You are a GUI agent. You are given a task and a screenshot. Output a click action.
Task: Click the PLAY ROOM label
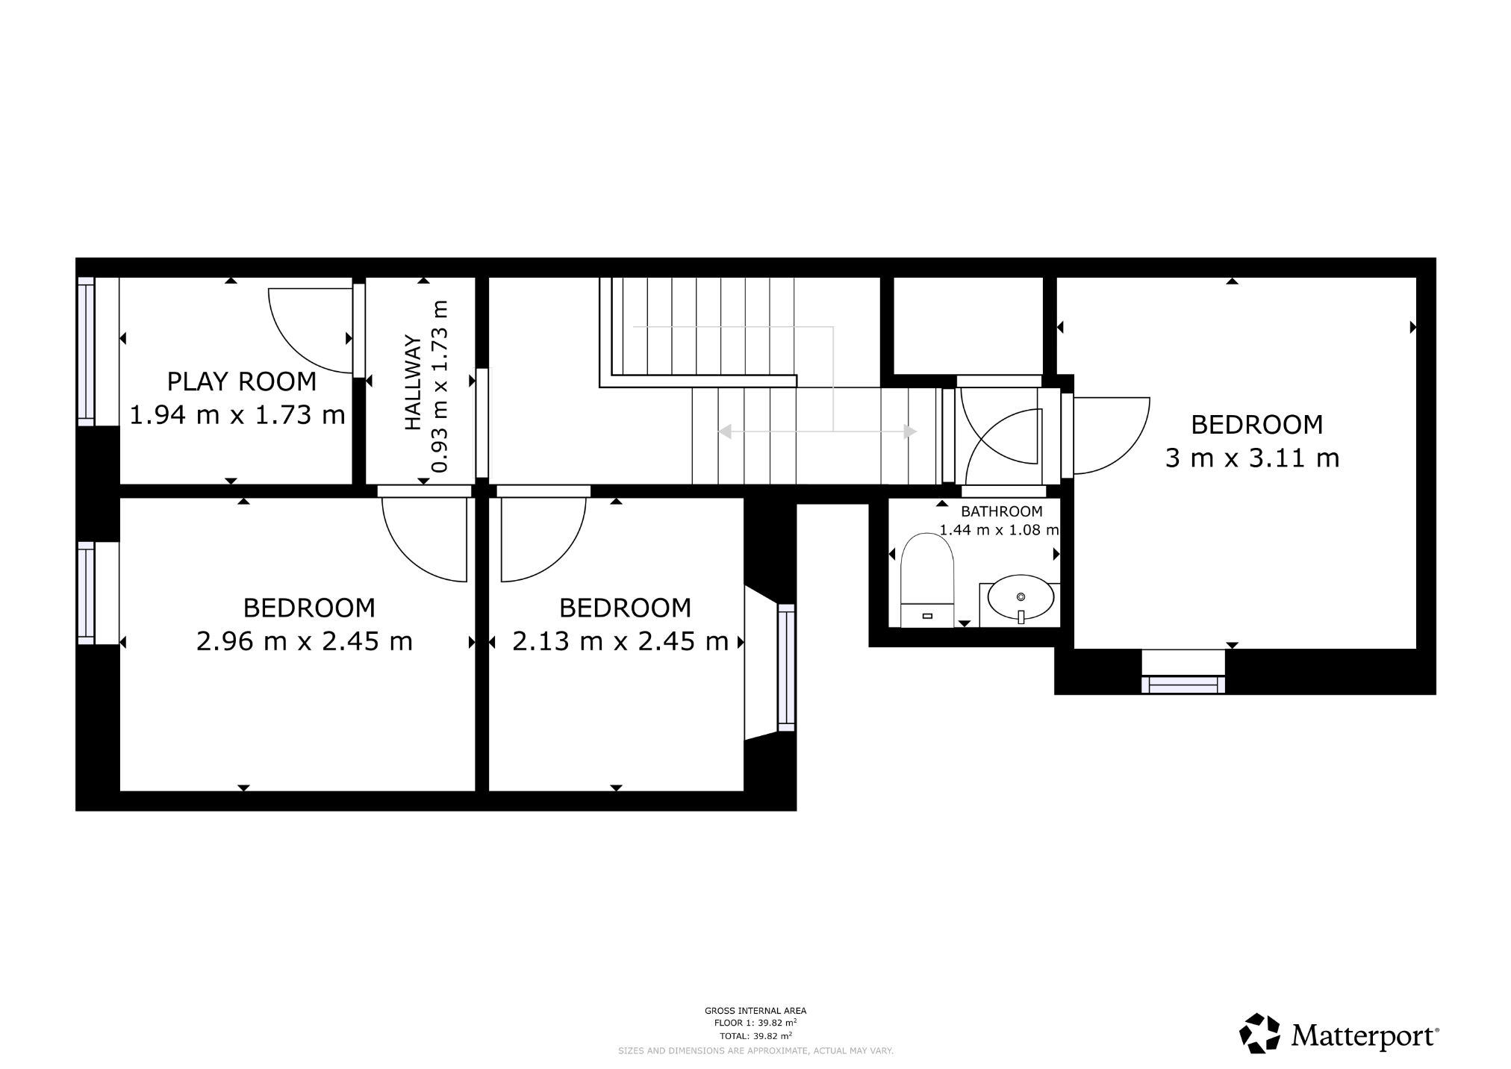tap(241, 381)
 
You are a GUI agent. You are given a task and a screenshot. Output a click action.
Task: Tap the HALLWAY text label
tap(413, 383)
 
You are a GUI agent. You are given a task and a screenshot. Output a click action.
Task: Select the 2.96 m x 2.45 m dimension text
tap(304, 641)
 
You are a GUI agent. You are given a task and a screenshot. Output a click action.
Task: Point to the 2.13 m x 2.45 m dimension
tap(620, 641)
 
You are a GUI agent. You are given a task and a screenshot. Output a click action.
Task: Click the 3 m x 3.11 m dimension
tap(1252, 458)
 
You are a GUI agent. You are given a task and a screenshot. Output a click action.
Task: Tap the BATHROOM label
tap(1001, 511)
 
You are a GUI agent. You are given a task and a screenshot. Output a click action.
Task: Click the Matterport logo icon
tap(1260, 1033)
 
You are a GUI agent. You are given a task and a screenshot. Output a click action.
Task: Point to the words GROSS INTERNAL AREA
tap(755, 1011)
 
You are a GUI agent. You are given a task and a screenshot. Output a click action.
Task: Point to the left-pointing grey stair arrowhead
tap(724, 431)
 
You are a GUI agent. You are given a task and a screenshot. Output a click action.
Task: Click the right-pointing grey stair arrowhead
tap(909, 431)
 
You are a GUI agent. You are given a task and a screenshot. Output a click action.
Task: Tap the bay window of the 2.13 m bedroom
tap(786, 667)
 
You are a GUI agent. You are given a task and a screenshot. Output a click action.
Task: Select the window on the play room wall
tap(87, 351)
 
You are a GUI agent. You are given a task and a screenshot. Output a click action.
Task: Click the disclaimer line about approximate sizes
tap(755, 1050)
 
